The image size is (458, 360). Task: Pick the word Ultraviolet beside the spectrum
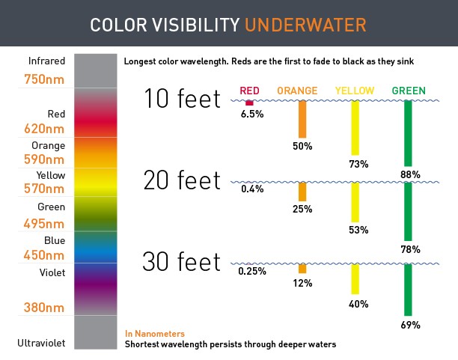[x=41, y=343]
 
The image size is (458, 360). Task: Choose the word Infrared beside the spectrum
[x=46, y=61]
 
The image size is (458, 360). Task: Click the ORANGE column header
[x=297, y=91]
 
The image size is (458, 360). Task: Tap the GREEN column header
[x=409, y=91]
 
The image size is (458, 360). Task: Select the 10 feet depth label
[x=183, y=99]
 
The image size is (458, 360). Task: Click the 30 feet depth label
[x=183, y=262]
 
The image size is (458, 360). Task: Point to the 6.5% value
[x=252, y=115]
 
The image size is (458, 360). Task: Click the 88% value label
[x=410, y=174]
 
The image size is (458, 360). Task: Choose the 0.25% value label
[x=252, y=271]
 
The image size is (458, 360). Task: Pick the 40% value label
[x=358, y=304]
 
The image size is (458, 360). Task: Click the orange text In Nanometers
[x=155, y=333]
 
